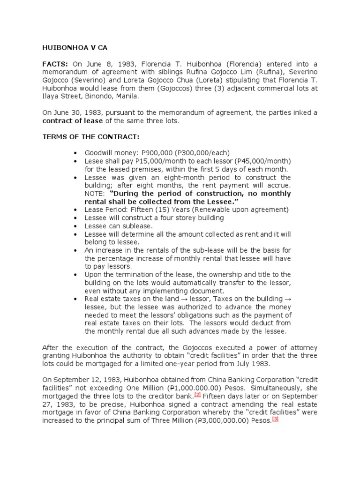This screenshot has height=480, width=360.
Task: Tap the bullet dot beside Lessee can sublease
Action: coord(76,226)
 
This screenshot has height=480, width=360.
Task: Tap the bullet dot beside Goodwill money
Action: coord(76,153)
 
